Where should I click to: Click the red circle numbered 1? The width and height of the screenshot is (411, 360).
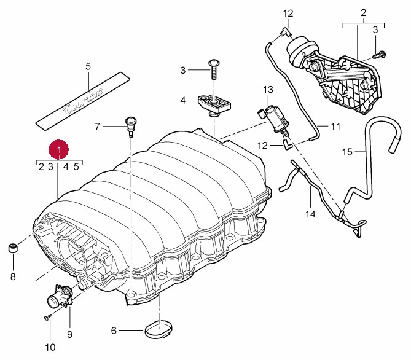click(x=58, y=149)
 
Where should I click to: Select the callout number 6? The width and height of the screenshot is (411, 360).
click(x=114, y=331)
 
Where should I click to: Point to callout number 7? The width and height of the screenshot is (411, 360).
click(x=97, y=127)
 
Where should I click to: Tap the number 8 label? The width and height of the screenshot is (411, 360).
click(x=13, y=276)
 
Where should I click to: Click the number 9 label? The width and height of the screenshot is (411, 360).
click(x=69, y=334)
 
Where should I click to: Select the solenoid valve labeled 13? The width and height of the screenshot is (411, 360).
click(x=272, y=116)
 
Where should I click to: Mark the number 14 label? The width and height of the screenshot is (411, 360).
click(x=310, y=214)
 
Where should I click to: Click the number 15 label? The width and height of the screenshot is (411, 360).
click(x=347, y=151)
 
